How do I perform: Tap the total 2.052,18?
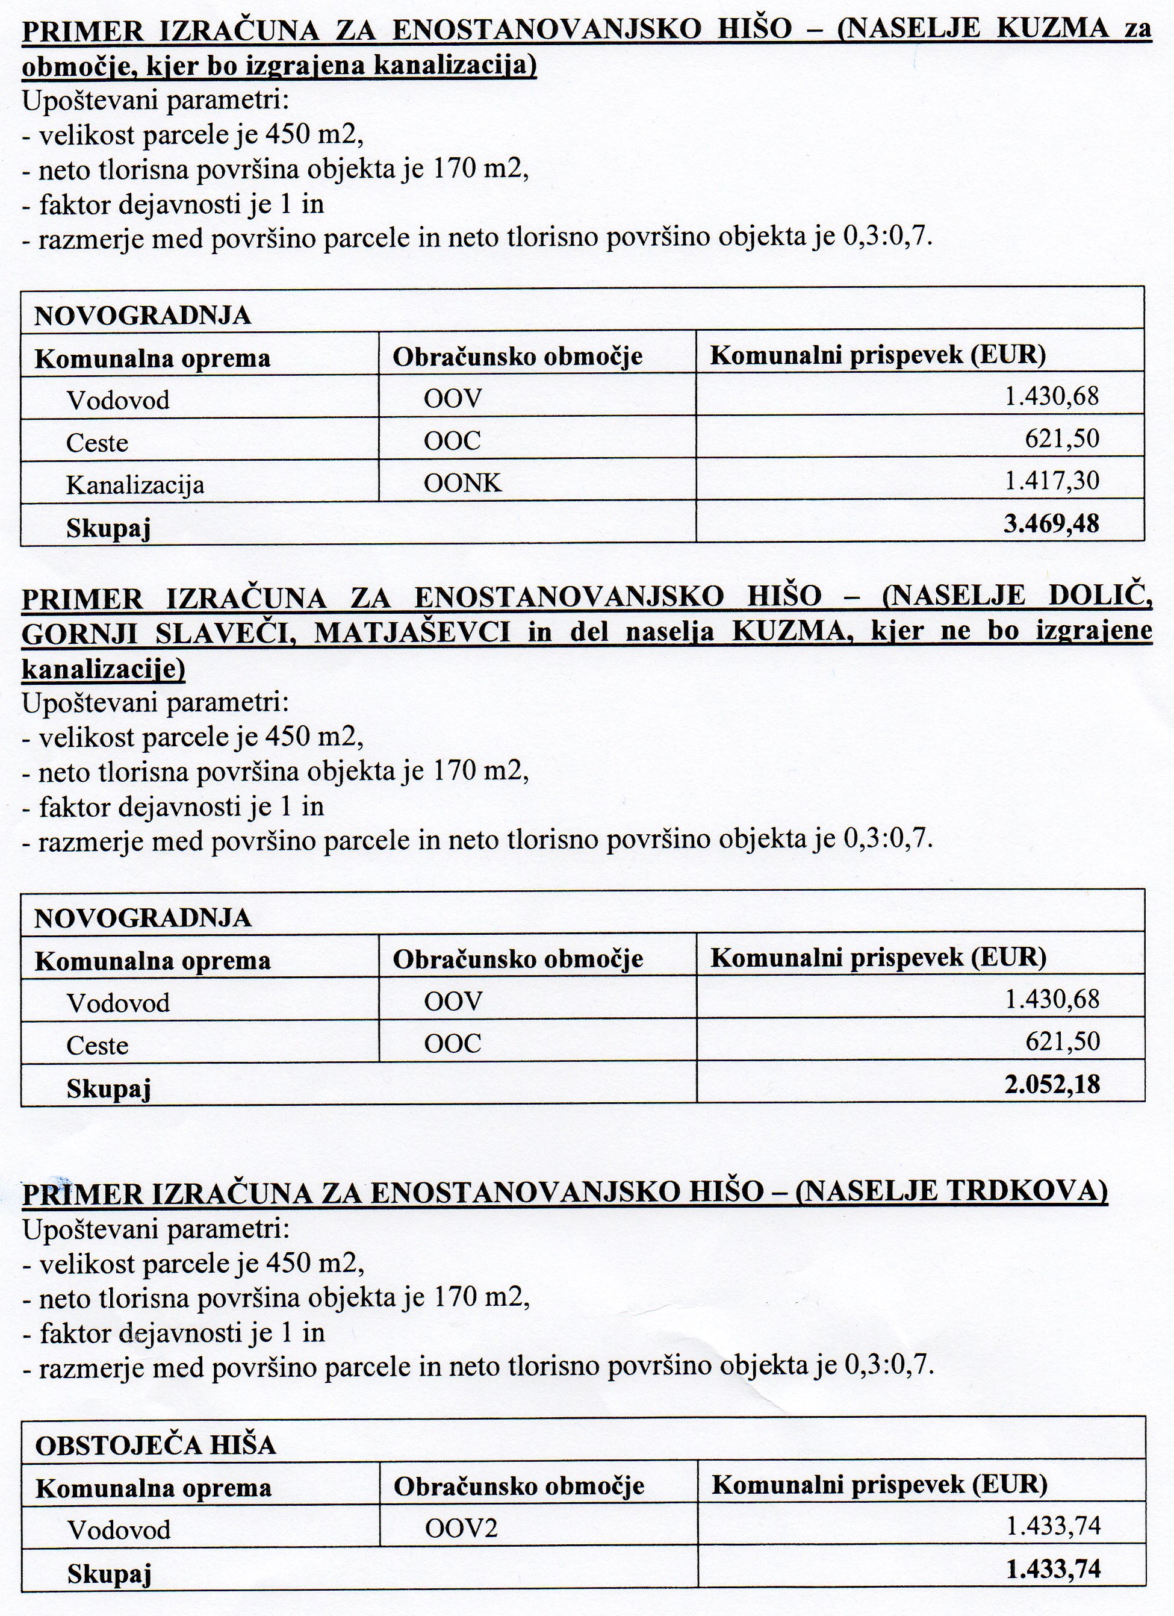tap(1052, 1084)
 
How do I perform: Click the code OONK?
tap(462, 483)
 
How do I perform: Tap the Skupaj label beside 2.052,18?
tap(109, 1088)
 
